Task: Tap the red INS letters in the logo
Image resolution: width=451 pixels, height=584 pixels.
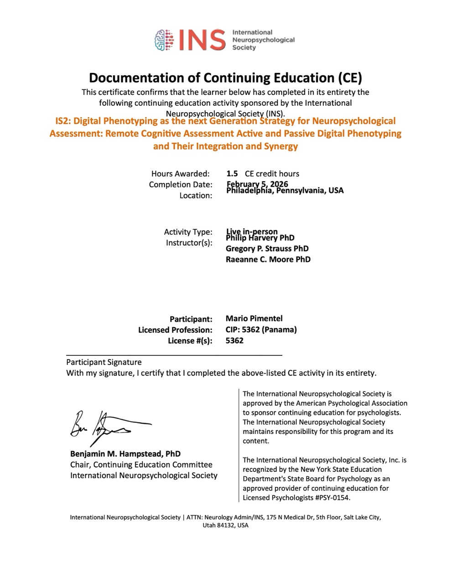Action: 202,40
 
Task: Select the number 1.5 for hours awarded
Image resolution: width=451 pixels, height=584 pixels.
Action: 232,173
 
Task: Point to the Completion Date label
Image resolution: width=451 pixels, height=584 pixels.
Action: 181,184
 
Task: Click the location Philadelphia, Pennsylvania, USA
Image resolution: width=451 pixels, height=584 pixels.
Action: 285,190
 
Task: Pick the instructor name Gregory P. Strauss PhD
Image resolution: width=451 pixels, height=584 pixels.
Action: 267,248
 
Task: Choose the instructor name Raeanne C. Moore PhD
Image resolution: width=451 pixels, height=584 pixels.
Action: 268,259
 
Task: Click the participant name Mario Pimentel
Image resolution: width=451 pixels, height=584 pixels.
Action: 254,318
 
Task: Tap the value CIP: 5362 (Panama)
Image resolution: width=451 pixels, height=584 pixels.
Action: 261,329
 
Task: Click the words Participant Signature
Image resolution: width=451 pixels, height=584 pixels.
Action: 104,362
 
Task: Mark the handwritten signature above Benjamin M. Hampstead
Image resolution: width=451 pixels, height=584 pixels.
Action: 107,424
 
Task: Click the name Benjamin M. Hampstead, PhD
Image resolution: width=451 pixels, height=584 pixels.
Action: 125,454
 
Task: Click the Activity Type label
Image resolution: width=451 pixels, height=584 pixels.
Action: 188,232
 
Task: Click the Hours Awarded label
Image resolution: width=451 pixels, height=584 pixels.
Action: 180,173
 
